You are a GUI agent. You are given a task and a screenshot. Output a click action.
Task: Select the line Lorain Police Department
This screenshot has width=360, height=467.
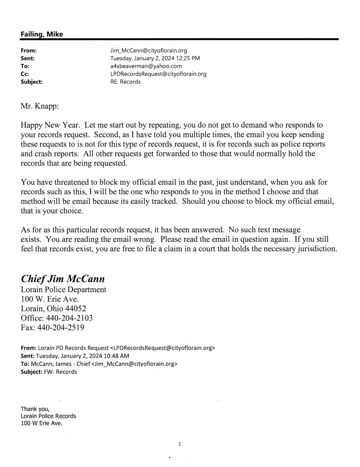click(x=63, y=290)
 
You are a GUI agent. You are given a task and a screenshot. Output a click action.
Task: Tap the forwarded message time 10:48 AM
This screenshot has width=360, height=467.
click(x=115, y=356)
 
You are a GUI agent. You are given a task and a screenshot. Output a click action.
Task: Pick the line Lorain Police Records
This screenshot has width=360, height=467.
click(x=48, y=416)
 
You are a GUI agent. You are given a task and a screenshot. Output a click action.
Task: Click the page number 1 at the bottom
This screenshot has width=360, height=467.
click(x=180, y=443)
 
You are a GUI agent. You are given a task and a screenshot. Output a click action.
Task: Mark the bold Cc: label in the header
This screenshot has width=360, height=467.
click(x=25, y=74)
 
